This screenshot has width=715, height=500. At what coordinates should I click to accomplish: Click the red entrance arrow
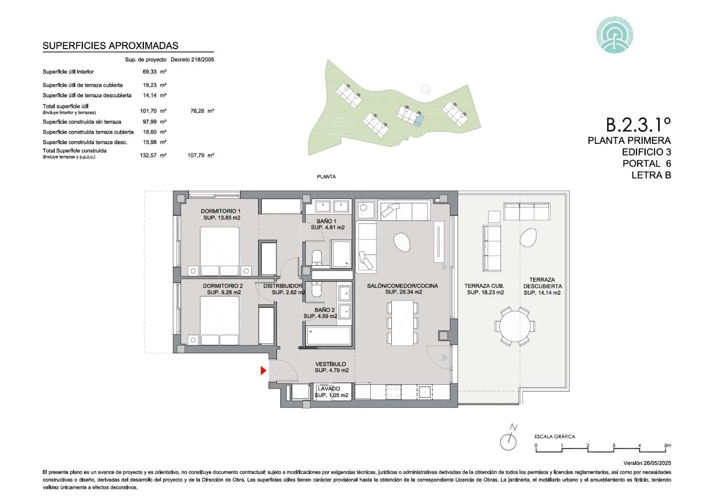tap(263, 370)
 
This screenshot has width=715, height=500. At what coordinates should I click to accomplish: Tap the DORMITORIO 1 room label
tap(221, 211)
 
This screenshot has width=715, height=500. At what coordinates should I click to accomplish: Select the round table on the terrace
tap(515, 326)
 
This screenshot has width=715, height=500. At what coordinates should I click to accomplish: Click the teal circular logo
tap(615, 35)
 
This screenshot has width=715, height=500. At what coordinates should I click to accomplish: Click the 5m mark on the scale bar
tap(667, 445)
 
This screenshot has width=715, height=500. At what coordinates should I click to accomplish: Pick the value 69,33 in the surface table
tap(149, 72)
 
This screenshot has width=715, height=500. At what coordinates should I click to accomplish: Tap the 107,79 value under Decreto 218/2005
tap(196, 155)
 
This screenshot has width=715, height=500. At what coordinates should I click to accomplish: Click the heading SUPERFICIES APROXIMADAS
tap(111, 46)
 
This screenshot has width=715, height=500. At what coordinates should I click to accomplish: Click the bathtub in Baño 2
tap(328, 336)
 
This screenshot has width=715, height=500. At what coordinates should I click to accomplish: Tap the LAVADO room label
tap(329, 389)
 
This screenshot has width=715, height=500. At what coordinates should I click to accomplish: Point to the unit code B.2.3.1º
tap(638, 124)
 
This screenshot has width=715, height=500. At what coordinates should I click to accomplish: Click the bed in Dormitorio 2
tap(220, 320)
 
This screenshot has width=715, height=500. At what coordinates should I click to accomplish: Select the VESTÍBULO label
tap(331, 364)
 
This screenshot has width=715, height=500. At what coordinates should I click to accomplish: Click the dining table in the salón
tap(402, 323)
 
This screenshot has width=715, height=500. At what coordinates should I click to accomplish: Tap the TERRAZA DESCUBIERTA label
tap(542, 283)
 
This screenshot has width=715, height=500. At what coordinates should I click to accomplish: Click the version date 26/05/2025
tap(657, 463)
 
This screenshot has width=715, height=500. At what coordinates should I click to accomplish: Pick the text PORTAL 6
tap(647, 163)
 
